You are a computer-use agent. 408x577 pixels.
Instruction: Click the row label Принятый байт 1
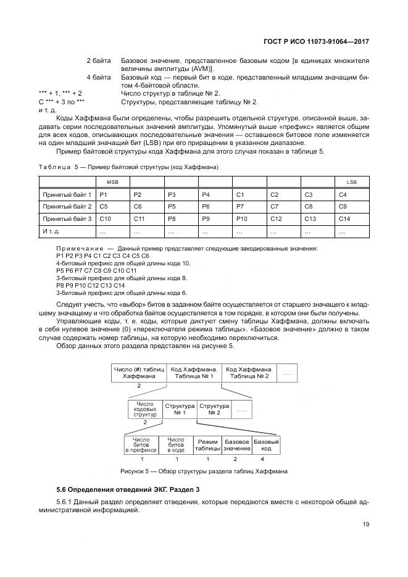point(67,194)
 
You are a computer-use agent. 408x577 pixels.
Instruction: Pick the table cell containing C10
point(113,218)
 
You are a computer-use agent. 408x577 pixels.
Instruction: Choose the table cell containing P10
point(250,218)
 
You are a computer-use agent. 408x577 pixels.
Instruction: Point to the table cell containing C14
point(351,218)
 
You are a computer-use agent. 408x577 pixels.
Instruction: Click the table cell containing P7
point(250,206)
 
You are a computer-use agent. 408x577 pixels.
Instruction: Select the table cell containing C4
point(351,194)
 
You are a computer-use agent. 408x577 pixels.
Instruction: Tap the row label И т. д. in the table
point(67,231)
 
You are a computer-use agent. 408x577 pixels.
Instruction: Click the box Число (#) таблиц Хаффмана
point(139,372)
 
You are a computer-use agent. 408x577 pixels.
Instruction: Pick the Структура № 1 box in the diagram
point(178,409)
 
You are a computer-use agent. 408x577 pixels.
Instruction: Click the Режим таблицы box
point(207,446)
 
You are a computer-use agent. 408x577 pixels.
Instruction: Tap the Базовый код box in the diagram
point(266,446)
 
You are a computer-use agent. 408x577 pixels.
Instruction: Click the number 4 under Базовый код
point(262,459)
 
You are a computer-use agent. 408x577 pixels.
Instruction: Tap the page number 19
point(365,526)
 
